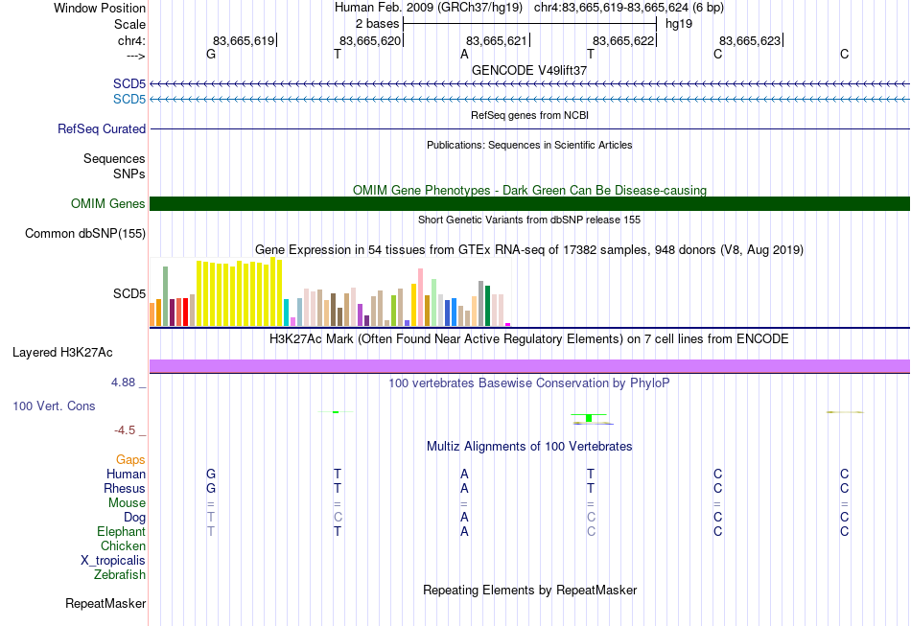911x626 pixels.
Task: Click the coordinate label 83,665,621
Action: [496, 40]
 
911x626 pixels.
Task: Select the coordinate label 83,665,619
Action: [244, 40]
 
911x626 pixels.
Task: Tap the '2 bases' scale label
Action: [378, 24]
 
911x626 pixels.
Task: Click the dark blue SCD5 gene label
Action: [129, 83]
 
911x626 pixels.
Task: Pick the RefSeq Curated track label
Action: [101, 128]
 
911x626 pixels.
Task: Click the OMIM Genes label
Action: [107, 204]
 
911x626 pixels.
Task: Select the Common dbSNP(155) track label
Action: [84, 234]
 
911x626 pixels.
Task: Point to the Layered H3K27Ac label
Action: [62, 353]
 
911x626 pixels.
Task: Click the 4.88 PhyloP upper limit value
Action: [123, 383]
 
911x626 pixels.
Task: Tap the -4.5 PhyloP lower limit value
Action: [125, 430]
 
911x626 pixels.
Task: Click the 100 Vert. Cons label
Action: [54, 406]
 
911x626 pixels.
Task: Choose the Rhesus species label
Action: [125, 488]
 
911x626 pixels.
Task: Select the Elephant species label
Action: [121, 531]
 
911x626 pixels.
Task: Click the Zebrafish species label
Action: [120, 574]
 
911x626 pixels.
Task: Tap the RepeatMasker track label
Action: [105, 603]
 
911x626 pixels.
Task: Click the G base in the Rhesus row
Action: [211, 488]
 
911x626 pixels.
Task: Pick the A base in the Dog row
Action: [464, 517]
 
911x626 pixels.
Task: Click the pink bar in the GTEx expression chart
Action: [420, 297]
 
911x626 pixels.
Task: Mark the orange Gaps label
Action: [130, 460]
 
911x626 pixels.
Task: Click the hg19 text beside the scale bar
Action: [679, 24]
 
